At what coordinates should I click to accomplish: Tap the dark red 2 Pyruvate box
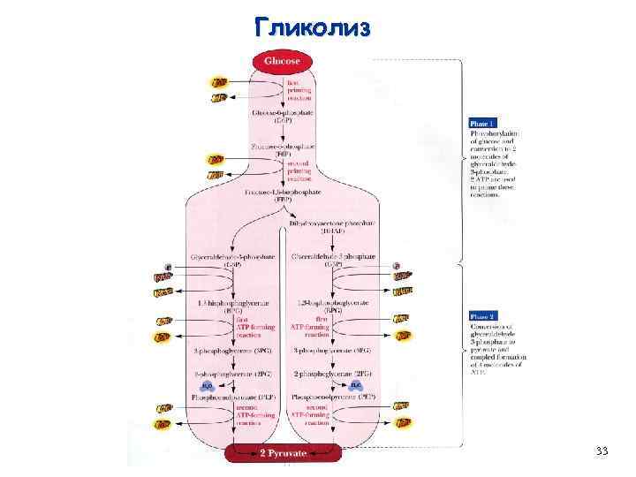tap(282, 453)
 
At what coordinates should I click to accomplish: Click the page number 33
tap(602, 451)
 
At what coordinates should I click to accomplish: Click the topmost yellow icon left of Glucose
tap(217, 82)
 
